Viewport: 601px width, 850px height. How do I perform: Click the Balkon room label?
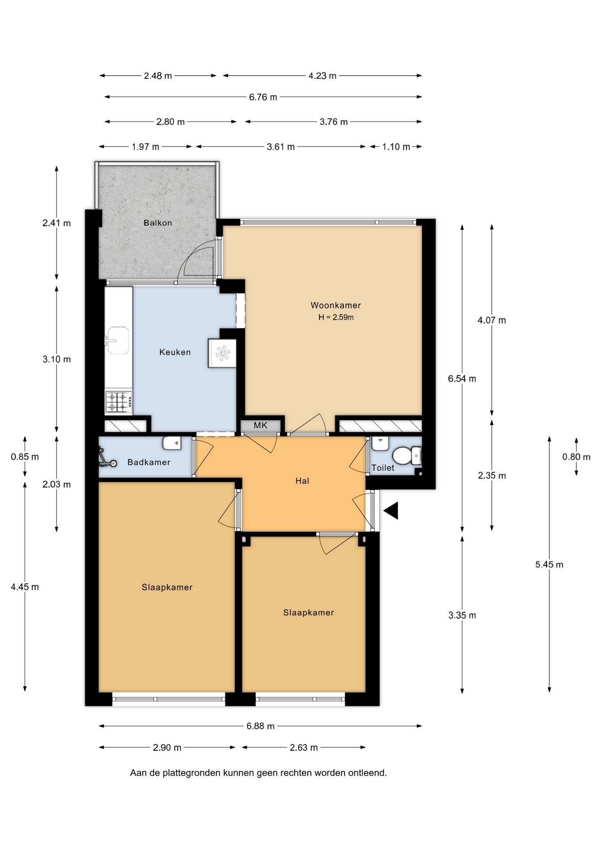pyautogui.click(x=158, y=223)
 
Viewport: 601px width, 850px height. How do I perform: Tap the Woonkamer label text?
pyautogui.click(x=335, y=305)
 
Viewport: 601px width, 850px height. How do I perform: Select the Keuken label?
pyautogui.click(x=175, y=352)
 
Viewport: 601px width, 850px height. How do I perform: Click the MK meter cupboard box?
pyautogui.click(x=261, y=425)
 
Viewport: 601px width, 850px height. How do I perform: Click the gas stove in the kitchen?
pyautogui.click(x=119, y=402)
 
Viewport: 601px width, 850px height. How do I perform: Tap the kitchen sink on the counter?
pyautogui.click(x=118, y=340)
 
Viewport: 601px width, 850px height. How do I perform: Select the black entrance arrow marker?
pyautogui.click(x=391, y=510)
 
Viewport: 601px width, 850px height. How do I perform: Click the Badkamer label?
pyautogui.click(x=149, y=462)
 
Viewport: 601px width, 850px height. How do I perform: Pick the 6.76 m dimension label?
pyautogui.click(x=263, y=97)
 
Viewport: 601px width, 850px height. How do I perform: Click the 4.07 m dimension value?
pyautogui.click(x=492, y=320)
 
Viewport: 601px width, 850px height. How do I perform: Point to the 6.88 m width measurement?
pyautogui.click(x=260, y=726)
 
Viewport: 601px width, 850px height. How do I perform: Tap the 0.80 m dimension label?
pyautogui.click(x=576, y=457)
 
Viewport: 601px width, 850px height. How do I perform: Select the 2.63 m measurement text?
pyautogui.click(x=304, y=748)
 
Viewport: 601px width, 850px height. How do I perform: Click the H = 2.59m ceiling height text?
pyautogui.click(x=336, y=317)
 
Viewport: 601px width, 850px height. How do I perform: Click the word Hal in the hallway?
pyautogui.click(x=302, y=481)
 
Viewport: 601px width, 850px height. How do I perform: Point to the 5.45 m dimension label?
pyautogui.click(x=549, y=564)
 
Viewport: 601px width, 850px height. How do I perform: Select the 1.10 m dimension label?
pyautogui.click(x=396, y=147)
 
